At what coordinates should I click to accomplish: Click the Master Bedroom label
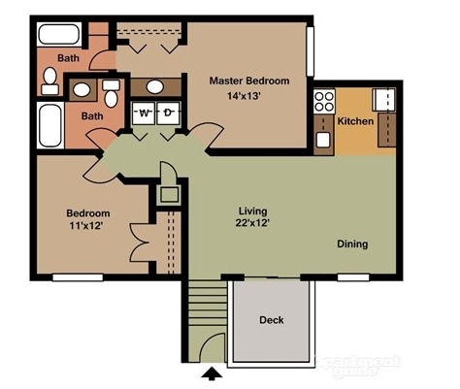coord(248,81)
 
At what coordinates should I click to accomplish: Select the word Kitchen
coord(354,121)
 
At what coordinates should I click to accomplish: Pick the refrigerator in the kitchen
coord(384,99)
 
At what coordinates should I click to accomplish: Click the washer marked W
coord(144,113)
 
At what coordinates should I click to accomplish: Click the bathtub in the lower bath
coord(49,124)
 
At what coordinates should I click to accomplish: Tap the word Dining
coord(352,244)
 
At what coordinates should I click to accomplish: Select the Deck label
coord(271,320)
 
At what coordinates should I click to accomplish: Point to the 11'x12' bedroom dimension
coord(87,226)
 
